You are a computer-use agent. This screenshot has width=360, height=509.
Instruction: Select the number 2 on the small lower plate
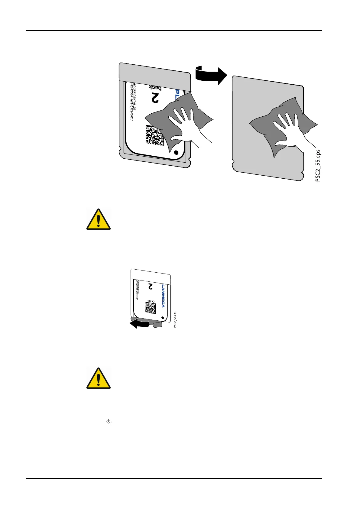point(150,286)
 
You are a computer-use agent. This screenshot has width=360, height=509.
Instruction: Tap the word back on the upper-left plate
point(155,88)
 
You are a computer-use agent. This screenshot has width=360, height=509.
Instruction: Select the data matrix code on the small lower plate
point(150,308)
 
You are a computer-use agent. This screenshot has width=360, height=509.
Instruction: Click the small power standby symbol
point(109,421)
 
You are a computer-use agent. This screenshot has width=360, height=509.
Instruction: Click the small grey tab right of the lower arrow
point(158,324)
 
